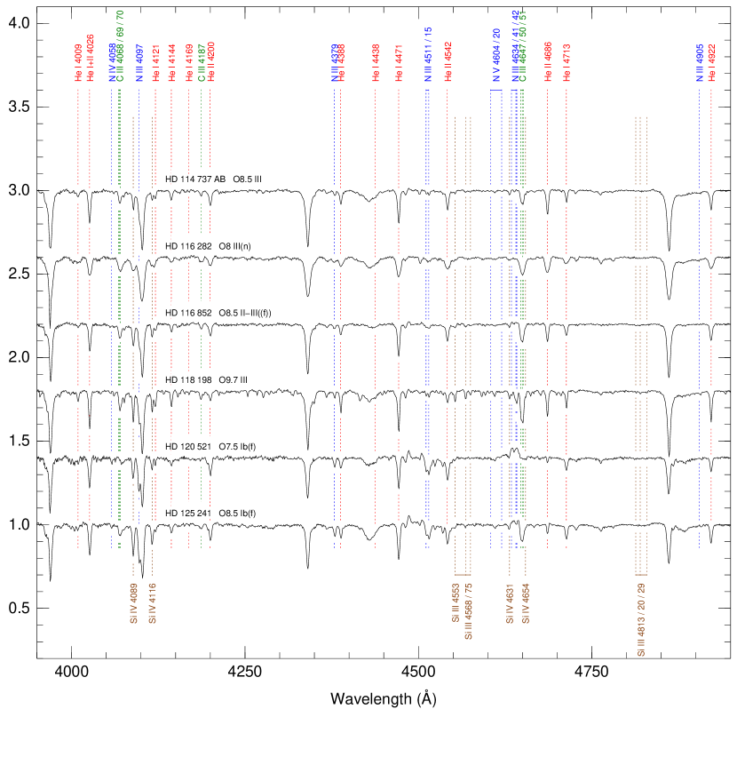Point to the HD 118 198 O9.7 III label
point(206,380)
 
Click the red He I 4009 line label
point(78,63)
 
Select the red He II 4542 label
point(448,61)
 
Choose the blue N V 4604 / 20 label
point(496,54)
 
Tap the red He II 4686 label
point(548,62)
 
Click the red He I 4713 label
point(567,62)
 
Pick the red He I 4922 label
point(711,64)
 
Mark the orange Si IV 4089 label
point(133,603)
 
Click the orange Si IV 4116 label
point(152,603)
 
